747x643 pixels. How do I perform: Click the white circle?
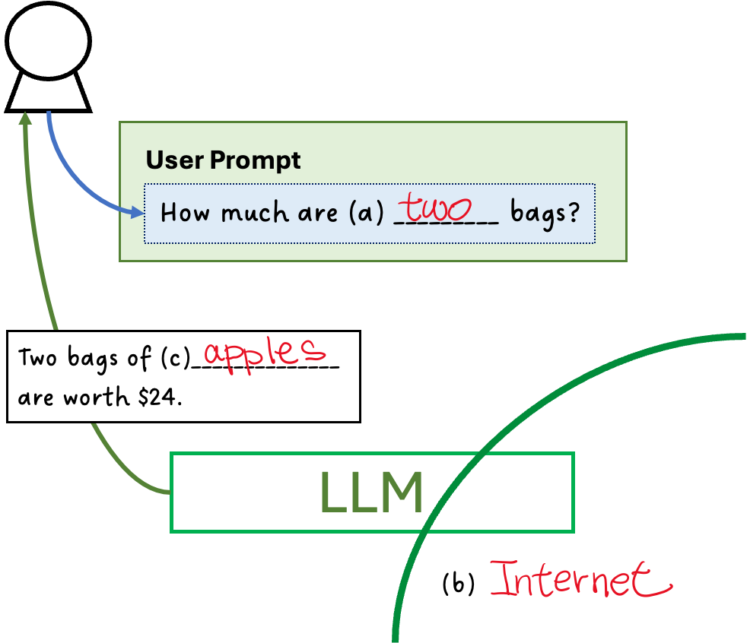click(x=48, y=42)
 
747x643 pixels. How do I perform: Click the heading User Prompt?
click(x=223, y=160)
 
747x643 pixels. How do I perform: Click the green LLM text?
click(x=371, y=493)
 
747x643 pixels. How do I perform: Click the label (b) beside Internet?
click(x=458, y=584)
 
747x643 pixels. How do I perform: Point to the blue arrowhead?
click(x=138, y=213)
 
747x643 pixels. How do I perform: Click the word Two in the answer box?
click(x=37, y=358)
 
